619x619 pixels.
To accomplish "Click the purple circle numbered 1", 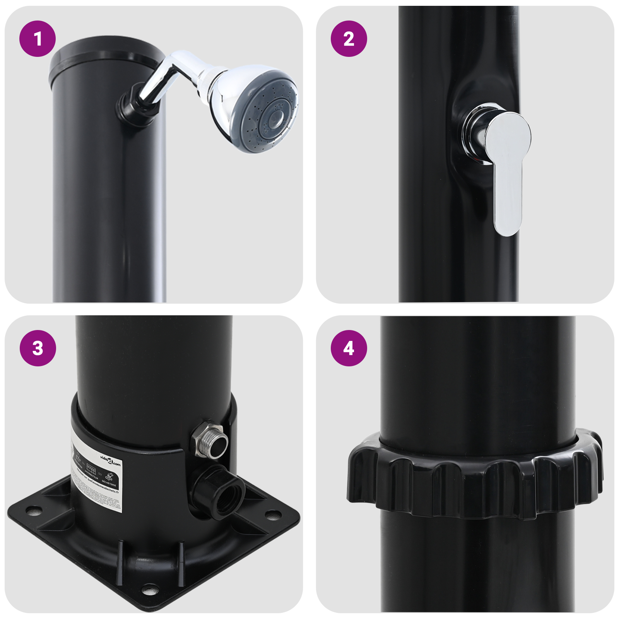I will pos(38,39).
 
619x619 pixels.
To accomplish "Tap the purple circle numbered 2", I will pos(349,39).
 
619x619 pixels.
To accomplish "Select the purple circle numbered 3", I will pos(38,348).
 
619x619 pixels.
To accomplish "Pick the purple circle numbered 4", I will pos(349,348).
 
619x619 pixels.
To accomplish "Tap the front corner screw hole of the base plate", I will pos(149,590).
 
